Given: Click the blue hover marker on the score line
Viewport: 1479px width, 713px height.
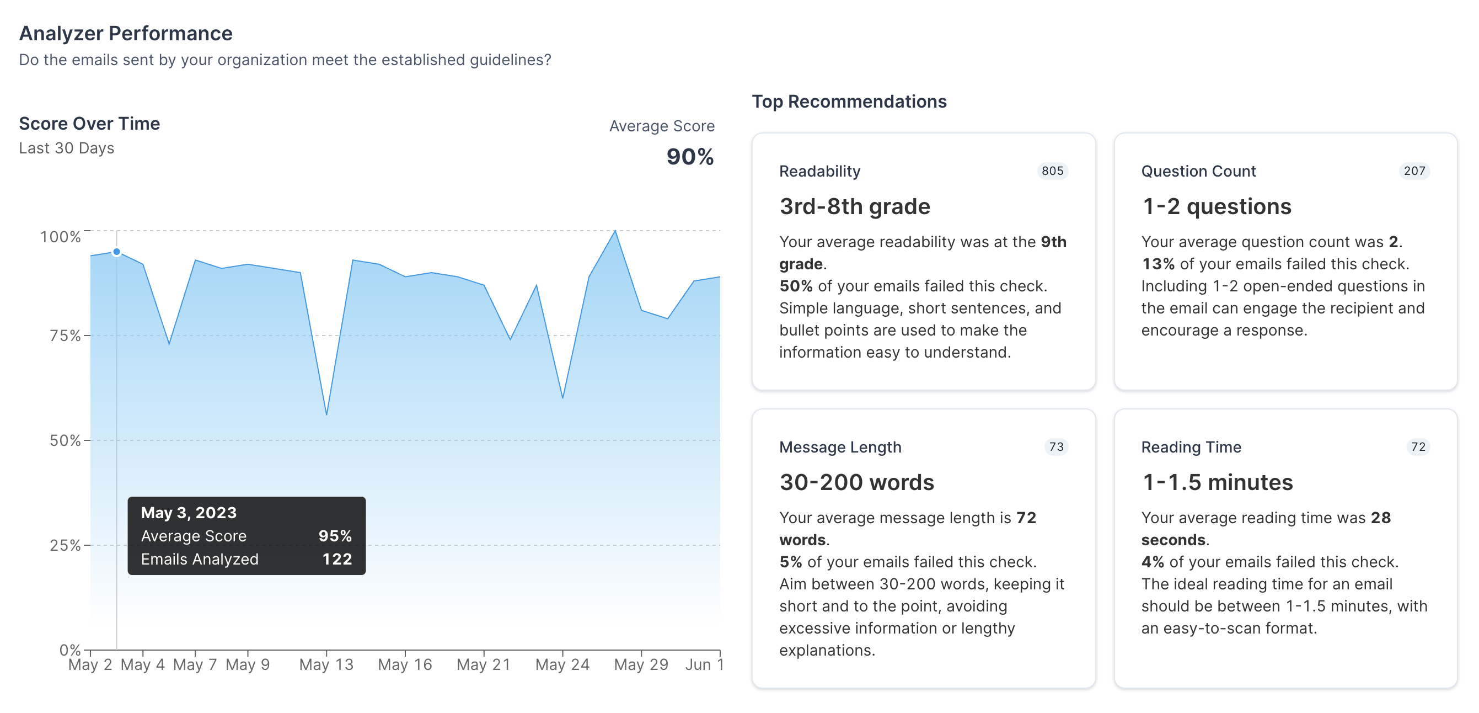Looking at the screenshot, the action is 116,252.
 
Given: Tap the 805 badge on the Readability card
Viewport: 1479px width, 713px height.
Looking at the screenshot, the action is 1052,171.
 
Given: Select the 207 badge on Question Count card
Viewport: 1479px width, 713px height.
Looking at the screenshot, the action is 1414,171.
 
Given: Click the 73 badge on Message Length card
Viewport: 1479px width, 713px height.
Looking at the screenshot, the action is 1056,446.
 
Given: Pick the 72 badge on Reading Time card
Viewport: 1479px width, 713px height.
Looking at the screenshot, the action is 1418,446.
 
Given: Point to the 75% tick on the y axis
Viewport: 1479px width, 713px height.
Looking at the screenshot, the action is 87,336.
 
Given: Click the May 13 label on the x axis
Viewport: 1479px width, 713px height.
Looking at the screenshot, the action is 326,665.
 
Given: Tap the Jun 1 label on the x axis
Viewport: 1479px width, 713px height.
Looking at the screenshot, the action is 704,665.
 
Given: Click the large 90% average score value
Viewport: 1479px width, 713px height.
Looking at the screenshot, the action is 689,157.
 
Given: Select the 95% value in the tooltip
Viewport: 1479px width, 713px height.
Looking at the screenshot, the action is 335,535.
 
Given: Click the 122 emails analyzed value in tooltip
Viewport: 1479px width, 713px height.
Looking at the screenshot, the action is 337,559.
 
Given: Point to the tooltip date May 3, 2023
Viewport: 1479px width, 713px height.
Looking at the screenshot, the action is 189,513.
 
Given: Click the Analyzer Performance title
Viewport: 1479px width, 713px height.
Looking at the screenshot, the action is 126,33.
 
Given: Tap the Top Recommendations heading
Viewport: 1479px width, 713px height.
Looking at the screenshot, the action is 849,102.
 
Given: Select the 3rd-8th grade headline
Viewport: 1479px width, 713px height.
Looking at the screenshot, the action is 855,206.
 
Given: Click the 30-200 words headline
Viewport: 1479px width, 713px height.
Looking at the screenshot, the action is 856,482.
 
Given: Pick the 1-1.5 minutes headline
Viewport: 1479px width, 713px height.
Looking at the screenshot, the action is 1217,482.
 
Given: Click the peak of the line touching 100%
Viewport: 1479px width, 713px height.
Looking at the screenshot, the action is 615,231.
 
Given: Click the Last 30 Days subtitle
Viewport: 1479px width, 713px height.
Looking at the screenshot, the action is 67,148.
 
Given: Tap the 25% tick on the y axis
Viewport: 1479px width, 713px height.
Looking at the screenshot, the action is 87,545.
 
